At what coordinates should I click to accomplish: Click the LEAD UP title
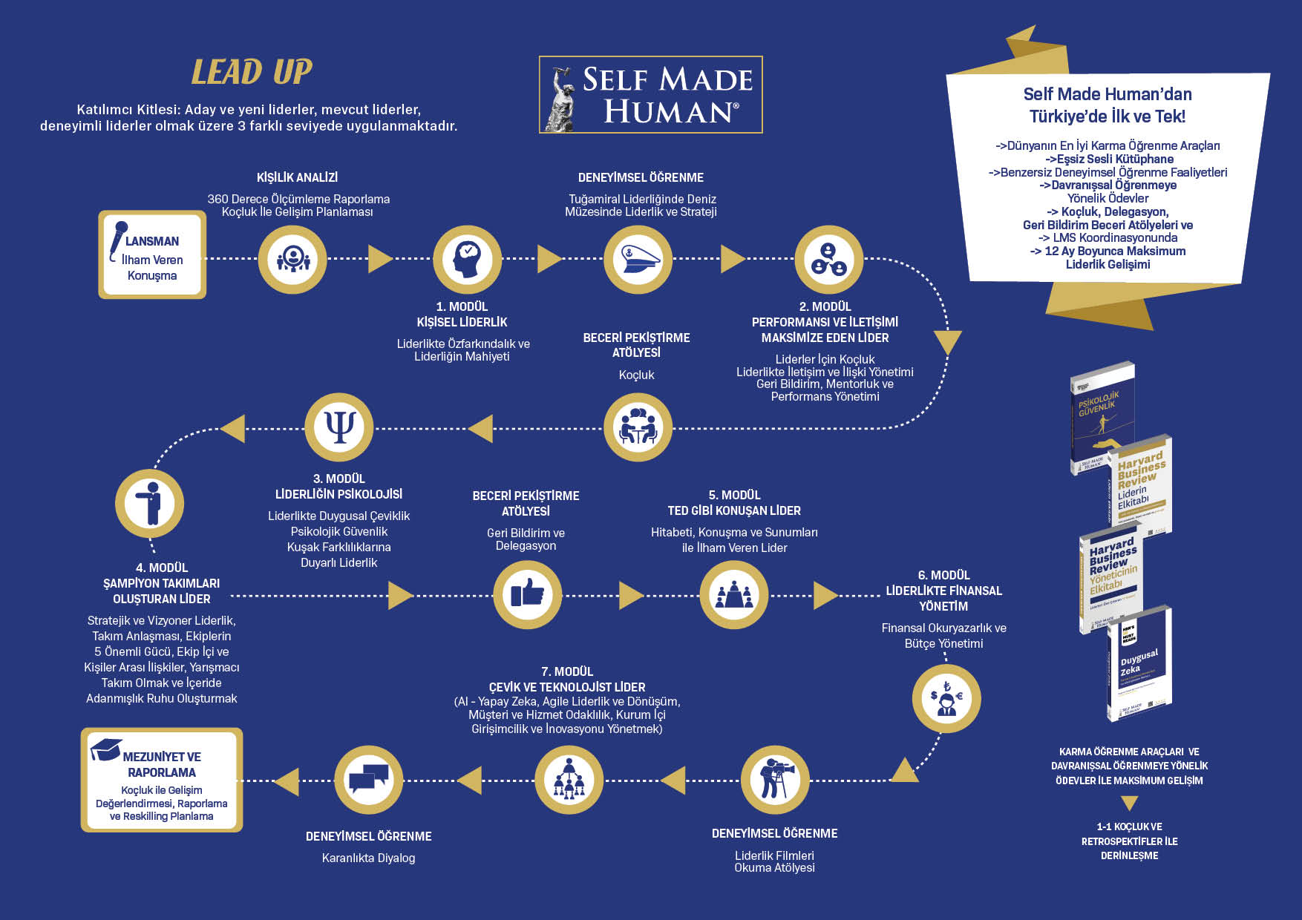click(x=252, y=72)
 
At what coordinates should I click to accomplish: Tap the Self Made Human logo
click(x=650, y=95)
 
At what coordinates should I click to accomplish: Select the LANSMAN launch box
click(x=152, y=255)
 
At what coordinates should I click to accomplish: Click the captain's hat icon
click(x=638, y=259)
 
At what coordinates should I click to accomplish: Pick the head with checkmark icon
click(x=467, y=259)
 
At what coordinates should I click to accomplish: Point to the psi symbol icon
click(x=339, y=427)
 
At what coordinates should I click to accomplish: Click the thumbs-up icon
click(x=527, y=594)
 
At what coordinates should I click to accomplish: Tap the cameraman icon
click(x=774, y=780)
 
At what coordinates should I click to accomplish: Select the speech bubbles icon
click(x=368, y=780)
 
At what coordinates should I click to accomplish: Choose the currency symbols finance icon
click(x=946, y=699)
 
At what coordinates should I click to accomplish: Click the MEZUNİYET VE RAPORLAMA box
click(x=162, y=780)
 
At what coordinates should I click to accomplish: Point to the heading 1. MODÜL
click(x=462, y=306)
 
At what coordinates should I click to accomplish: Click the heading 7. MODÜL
click(x=567, y=671)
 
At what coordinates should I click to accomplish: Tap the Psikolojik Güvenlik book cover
click(x=1102, y=417)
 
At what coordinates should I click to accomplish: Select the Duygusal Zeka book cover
click(x=1139, y=664)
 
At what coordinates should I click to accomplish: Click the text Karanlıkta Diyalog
click(x=368, y=858)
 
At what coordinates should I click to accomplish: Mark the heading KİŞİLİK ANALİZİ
click(x=297, y=177)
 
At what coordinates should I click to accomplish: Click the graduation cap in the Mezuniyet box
click(x=105, y=749)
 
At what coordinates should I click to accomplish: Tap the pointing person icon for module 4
click(x=150, y=504)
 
